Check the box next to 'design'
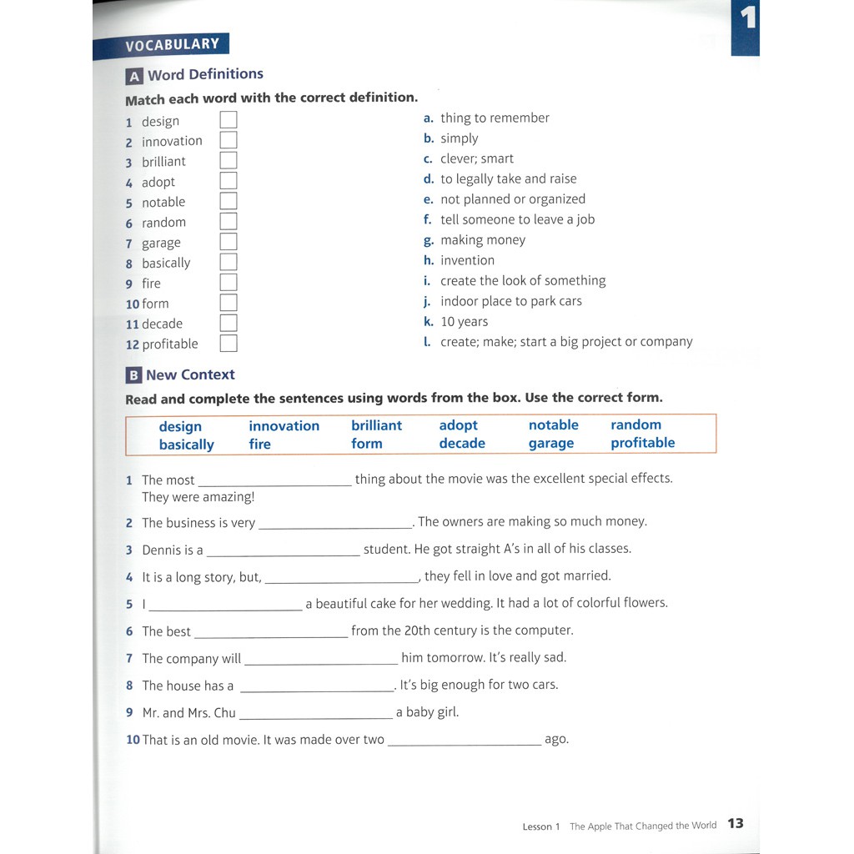coord(229,120)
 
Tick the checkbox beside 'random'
coord(229,222)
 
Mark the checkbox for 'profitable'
coord(229,344)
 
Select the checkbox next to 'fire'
coord(229,283)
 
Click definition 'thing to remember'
coord(495,118)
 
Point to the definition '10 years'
coord(464,321)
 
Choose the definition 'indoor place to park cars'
coord(510,301)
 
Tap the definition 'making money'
coord(483,240)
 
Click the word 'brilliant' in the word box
coord(376,425)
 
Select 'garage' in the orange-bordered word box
coord(550,444)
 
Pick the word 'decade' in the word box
coord(461,444)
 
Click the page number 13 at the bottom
coord(735,824)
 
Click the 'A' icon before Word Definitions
coord(133,77)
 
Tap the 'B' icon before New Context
coord(133,375)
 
